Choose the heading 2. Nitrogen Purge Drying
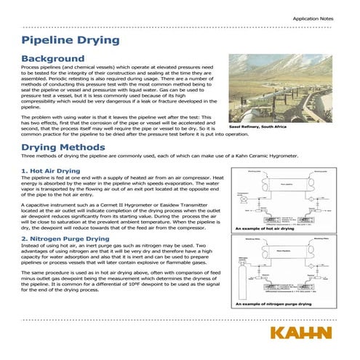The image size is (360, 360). coord(65,238)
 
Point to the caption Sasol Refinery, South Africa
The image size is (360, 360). coord(268,126)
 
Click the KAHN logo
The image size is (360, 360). coord(300,334)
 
